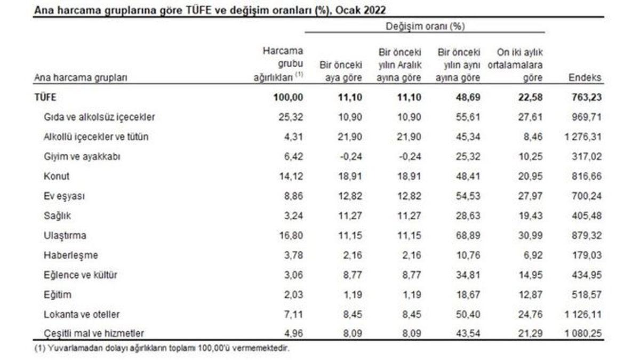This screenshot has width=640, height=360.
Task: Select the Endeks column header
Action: [586, 78]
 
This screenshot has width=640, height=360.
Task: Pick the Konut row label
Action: [57, 176]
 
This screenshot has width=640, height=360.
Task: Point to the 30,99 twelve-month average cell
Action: [531, 235]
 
